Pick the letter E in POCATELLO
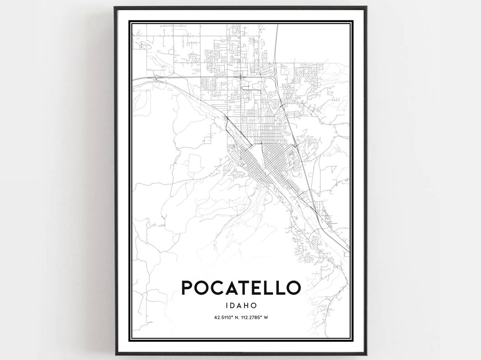point(264,287)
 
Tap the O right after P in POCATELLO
point(203,287)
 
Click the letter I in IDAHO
point(228,306)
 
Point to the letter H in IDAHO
point(248,306)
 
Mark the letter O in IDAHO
point(255,306)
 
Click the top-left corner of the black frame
point(114,7)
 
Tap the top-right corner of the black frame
point(367,7)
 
